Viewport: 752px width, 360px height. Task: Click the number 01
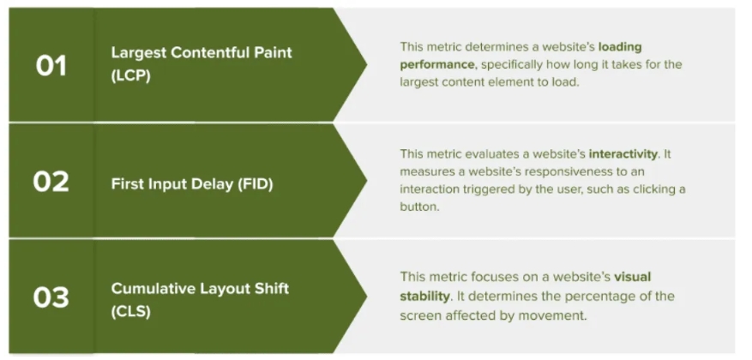coord(51,66)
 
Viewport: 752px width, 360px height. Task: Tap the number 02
coord(51,183)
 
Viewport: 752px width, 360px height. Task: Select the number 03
coord(51,297)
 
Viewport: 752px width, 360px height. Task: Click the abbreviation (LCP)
coord(130,75)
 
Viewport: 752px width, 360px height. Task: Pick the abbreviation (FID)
coord(256,184)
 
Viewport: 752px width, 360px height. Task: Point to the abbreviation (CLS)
coord(130,312)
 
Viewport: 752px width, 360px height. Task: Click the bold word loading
coord(620,47)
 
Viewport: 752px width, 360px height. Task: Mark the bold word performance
coord(437,64)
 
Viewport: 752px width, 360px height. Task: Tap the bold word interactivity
coord(623,154)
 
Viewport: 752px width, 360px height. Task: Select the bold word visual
coord(633,277)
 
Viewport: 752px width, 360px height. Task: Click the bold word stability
coord(424,296)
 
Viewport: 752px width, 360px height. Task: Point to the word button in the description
coord(419,207)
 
